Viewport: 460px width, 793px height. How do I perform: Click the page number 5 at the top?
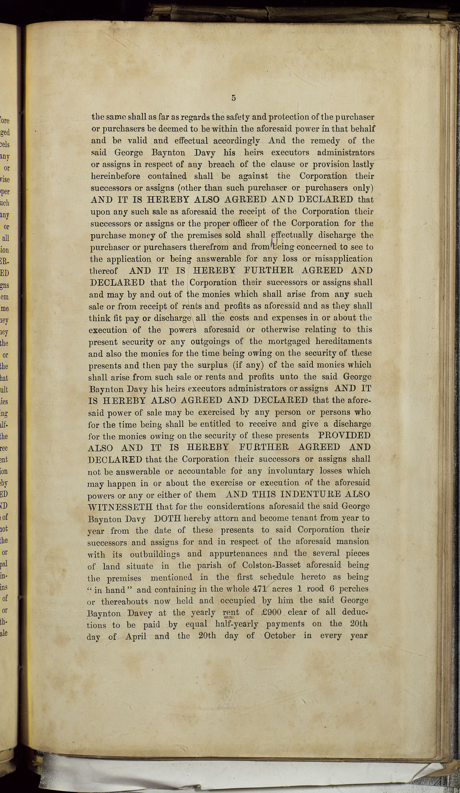tap(233, 98)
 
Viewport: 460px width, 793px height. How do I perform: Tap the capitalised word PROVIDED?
tap(344, 436)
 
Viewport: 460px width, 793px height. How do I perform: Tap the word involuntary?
tap(291, 471)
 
